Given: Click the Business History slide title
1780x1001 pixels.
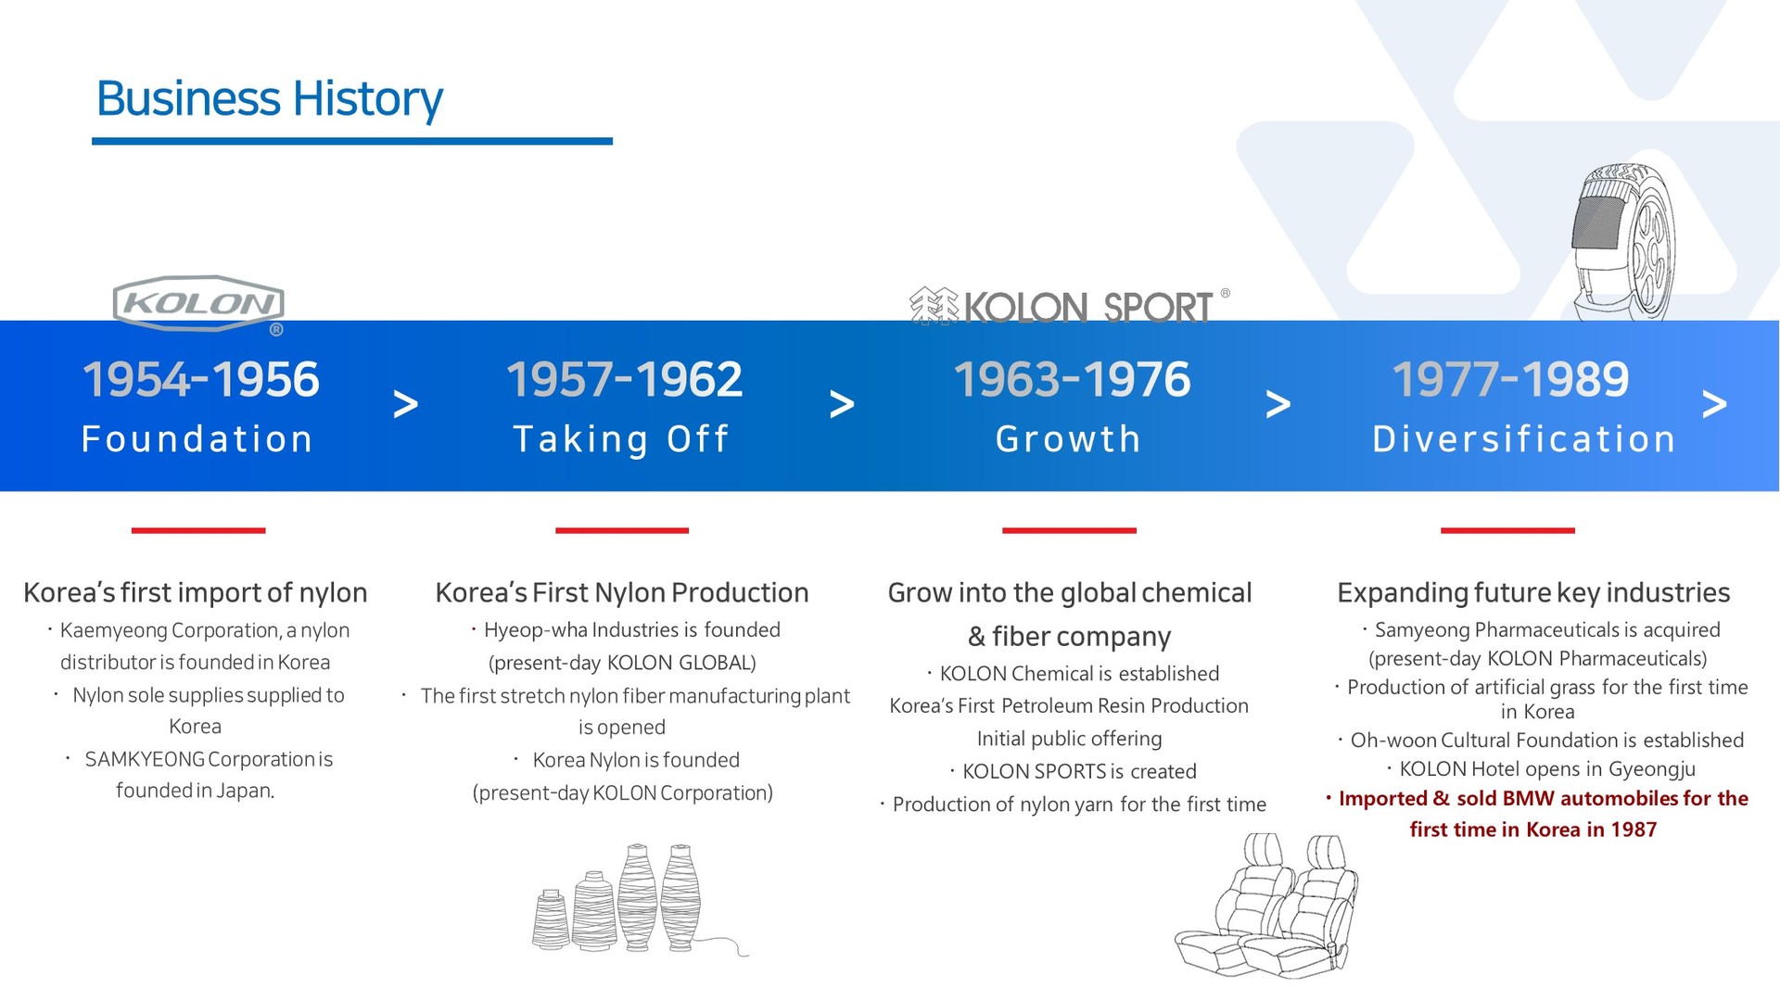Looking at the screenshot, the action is point(270,99).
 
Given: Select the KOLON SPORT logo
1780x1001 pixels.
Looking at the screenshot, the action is point(1069,306).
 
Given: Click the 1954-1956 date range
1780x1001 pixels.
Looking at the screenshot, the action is point(201,379).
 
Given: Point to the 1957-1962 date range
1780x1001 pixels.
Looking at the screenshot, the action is point(624,379).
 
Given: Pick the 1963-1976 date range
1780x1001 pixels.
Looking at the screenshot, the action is point(1072,379).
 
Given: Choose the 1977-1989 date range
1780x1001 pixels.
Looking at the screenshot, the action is point(1510,379).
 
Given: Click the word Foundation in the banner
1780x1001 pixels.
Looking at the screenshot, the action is point(197,439).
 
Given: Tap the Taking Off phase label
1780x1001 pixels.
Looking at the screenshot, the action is point(621,439).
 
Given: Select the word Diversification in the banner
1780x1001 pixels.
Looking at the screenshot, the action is point(1524,439).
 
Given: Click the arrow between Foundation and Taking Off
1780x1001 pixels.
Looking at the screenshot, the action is point(405,404).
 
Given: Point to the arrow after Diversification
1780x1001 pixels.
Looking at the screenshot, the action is point(1714,404).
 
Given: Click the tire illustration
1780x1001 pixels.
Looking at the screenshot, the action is point(1623,243).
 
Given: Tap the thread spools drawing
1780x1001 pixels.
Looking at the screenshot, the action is point(640,898).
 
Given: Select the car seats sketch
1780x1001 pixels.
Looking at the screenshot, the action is point(1267,905).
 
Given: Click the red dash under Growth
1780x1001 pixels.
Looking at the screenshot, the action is point(1069,530).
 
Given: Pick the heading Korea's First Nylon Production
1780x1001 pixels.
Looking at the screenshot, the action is point(622,592).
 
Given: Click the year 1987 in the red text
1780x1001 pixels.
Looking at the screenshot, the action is point(1633,830).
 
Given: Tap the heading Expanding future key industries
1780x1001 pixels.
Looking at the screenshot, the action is point(1533,593).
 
